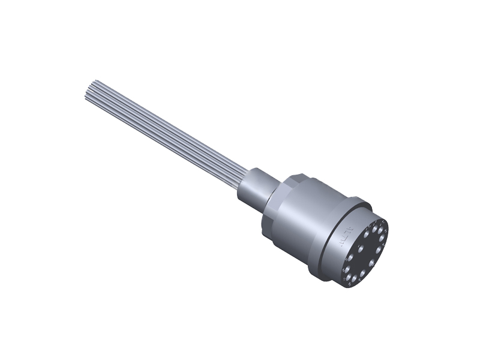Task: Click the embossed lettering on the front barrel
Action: [x=346, y=237]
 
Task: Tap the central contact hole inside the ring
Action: [x=361, y=248]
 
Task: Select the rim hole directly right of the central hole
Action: [x=379, y=250]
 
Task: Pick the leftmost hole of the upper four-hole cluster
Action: [x=367, y=234]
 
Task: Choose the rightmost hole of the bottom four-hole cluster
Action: [x=362, y=272]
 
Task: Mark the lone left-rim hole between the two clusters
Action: [x=350, y=257]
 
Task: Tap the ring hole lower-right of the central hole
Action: [x=372, y=263]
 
